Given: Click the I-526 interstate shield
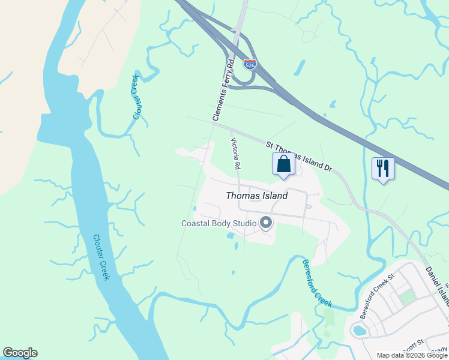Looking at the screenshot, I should coord(250,64).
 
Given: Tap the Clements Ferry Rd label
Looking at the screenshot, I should coord(222,91).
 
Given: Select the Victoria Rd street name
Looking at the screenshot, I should coord(236,154).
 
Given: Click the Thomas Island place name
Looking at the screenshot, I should coord(256,196).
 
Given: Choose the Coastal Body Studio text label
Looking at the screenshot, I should coord(219,224).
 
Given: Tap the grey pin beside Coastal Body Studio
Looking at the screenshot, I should coord(267,224).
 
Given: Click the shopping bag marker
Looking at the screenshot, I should coord(283,164).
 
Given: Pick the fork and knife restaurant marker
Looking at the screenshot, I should coord(382,168).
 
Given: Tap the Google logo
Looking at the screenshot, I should coord(20,353).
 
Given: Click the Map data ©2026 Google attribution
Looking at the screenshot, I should coord(412,355).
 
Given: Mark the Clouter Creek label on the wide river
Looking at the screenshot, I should coord(100,257).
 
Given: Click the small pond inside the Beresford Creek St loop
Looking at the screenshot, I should coord(360,330).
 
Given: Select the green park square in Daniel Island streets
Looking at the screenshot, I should coord(407,296).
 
